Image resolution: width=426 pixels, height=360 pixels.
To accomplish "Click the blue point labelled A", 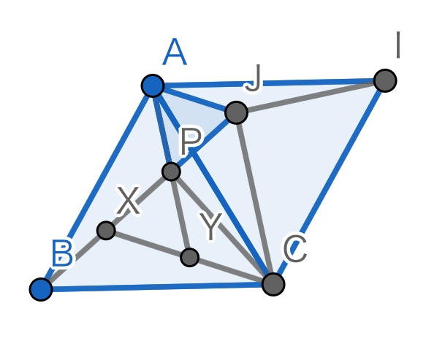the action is (153, 85).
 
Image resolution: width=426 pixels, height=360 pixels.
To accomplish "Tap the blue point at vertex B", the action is (41, 289).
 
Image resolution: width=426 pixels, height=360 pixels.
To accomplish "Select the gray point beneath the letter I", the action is (385, 80).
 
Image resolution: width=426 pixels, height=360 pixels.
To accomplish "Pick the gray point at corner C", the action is (273, 284).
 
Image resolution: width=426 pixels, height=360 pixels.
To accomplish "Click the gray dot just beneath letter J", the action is (236, 112).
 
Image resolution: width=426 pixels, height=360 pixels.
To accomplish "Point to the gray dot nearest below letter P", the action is (171, 172).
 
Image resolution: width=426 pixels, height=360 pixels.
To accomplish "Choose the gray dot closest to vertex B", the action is (106, 231).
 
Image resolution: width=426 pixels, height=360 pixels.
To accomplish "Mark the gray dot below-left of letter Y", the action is (190, 257).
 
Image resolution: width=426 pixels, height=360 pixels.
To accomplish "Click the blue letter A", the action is (175, 52).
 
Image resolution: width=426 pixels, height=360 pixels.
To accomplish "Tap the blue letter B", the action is (63, 253).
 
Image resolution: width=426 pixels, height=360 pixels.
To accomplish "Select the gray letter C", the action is (295, 249).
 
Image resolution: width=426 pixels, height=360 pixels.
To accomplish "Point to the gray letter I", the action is (398, 45).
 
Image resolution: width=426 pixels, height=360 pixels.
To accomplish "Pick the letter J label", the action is (254, 78).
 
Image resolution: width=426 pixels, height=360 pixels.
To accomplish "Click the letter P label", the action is (191, 141).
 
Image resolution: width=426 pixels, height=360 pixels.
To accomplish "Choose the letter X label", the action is (128, 200).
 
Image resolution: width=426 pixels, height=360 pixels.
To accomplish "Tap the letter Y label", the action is (210, 226).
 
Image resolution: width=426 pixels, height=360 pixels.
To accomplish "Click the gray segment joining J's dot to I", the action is (311, 96).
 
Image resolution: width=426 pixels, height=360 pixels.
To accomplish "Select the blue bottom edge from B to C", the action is (157, 287).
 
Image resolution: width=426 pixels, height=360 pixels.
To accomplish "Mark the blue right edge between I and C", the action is (330, 183).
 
